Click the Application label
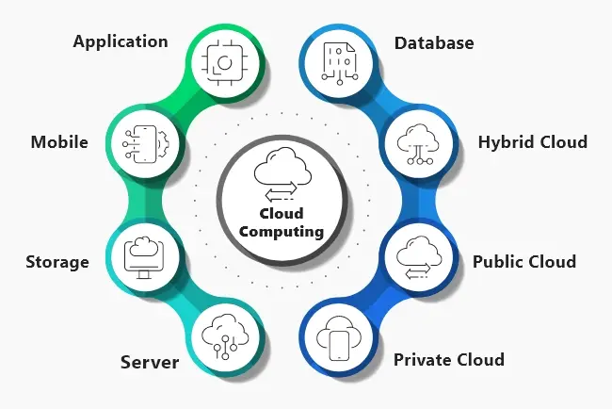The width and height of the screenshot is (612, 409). [x=121, y=41]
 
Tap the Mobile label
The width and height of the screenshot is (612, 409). [x=59, y=142]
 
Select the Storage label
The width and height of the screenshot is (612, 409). [x=57, y=261]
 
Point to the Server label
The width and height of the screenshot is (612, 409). [x=151, y=362]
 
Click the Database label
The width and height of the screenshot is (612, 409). [x=433, y=43]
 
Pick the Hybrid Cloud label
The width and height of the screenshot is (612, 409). [x=532, y=142]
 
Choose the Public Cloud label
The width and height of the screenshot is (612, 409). [x=523, y=261]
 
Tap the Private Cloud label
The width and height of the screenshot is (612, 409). [x=448, y=359]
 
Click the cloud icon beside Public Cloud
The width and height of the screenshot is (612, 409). [x=415, y=254]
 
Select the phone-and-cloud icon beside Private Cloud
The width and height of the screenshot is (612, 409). [x=340, y=338]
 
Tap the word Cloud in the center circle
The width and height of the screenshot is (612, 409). [x=282, y=214]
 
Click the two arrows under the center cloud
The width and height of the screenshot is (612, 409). [x=280, y=194]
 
